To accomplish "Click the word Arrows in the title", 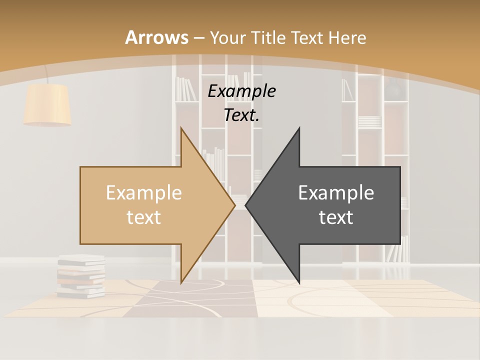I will pos(157,37).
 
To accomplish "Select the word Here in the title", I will pos(347,37).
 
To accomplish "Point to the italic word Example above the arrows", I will pos(241,91).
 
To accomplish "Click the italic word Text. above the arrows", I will pos(241,115).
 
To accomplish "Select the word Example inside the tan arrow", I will pos(144,192).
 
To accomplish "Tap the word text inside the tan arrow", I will pos(144,217).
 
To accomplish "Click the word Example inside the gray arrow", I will pos(336,192).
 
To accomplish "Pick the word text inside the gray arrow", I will pos(336,217).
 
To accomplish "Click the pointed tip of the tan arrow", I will pos(234,205).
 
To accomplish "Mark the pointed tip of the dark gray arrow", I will pos(246,205).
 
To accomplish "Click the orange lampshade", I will pos(47,104).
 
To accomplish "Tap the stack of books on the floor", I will pos(81,276).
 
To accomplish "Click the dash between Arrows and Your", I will pos(198,38).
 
